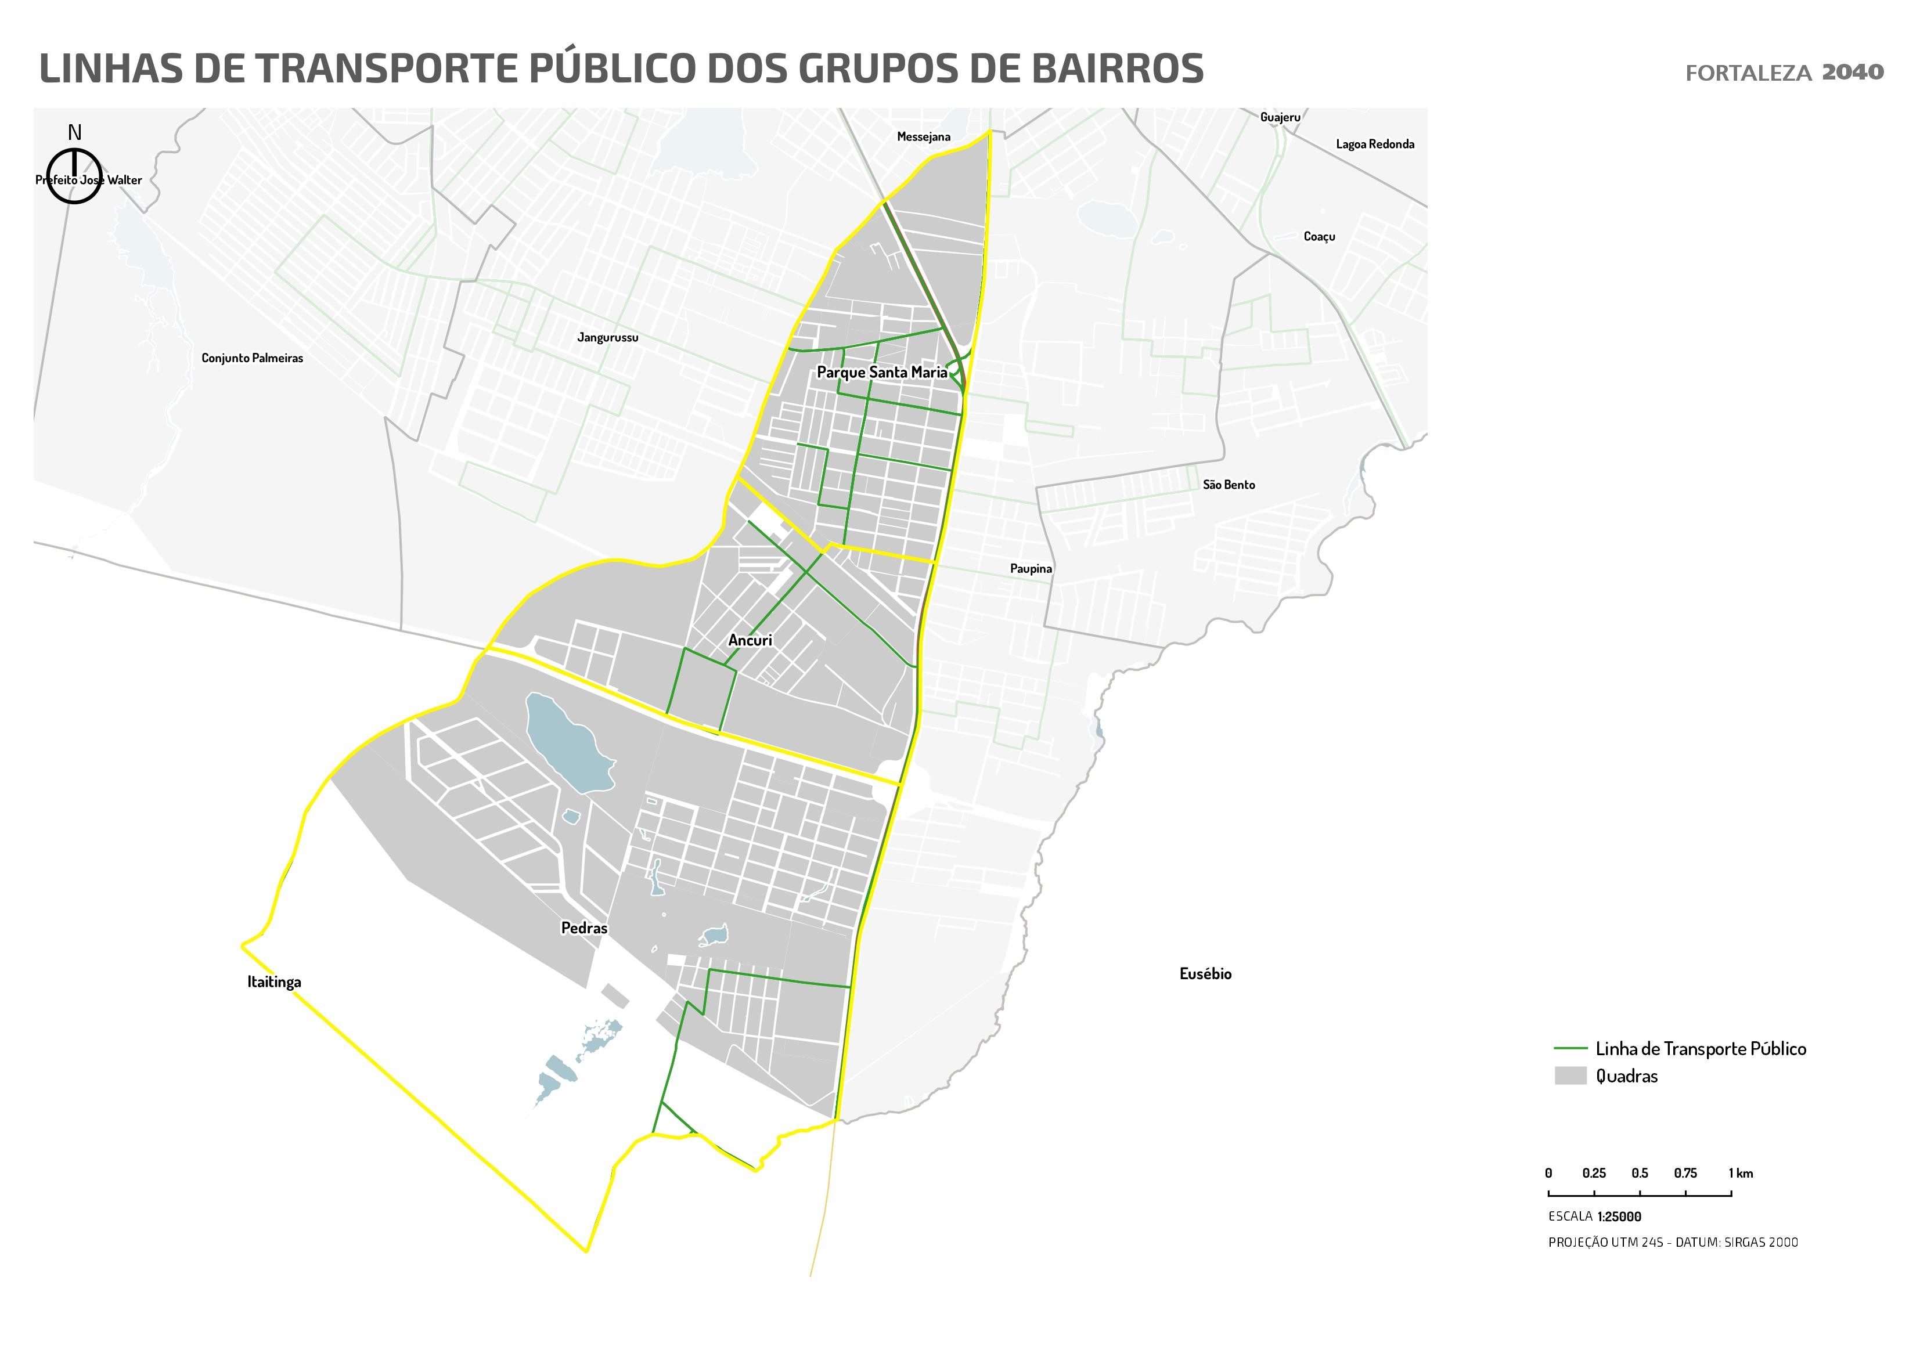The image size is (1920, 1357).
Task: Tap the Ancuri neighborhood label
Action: tap(750, 640)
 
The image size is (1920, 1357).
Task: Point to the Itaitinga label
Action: tap(273, 983)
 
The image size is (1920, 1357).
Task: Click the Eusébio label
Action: tap(1205, 974)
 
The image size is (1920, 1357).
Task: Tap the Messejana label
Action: tap(923, 137)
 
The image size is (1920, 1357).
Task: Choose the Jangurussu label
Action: tap(607, 338)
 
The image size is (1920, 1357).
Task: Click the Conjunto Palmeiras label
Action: tap(252, 358)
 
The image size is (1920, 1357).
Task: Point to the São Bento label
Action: tap(1229, 485)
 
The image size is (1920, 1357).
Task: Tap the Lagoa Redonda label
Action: tap(1375, 145)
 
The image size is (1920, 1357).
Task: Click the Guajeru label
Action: tap(1280, 118)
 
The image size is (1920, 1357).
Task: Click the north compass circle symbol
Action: tap(74, 176)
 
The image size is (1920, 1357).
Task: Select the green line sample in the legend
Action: tap(1570, 1048)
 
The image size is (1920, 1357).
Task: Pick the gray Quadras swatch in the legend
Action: tap(1570, 1076)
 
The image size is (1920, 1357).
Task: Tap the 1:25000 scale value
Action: tap(1619, 1217)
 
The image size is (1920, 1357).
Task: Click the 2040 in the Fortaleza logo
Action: tap(1852, 73)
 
